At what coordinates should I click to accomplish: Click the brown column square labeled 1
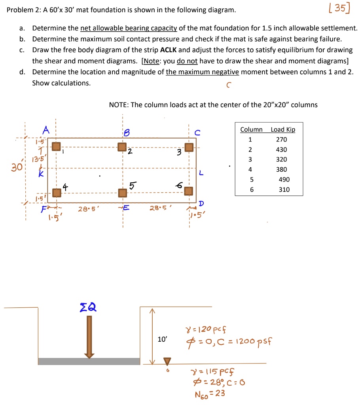(57, 147)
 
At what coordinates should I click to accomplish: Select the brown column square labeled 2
(123, 147)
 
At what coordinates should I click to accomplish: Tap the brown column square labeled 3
(189, 147)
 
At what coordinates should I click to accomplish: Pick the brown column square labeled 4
(57, 193)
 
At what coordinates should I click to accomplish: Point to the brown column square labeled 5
(123, 193)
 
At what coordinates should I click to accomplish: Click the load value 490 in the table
(284, 180)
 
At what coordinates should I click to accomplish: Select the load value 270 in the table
(282, 140)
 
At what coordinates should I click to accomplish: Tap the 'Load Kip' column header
(283, 130)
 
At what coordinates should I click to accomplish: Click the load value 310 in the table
(284, 190)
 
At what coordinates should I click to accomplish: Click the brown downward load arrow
(89, 337)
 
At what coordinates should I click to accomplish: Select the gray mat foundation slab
(89, 361)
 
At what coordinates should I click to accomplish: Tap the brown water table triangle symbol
(168, 361)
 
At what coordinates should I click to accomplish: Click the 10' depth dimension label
(162, 339)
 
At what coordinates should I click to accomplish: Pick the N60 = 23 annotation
(209, 394)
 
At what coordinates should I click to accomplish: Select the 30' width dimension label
(17, 167)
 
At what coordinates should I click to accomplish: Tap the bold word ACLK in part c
(169, 50)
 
